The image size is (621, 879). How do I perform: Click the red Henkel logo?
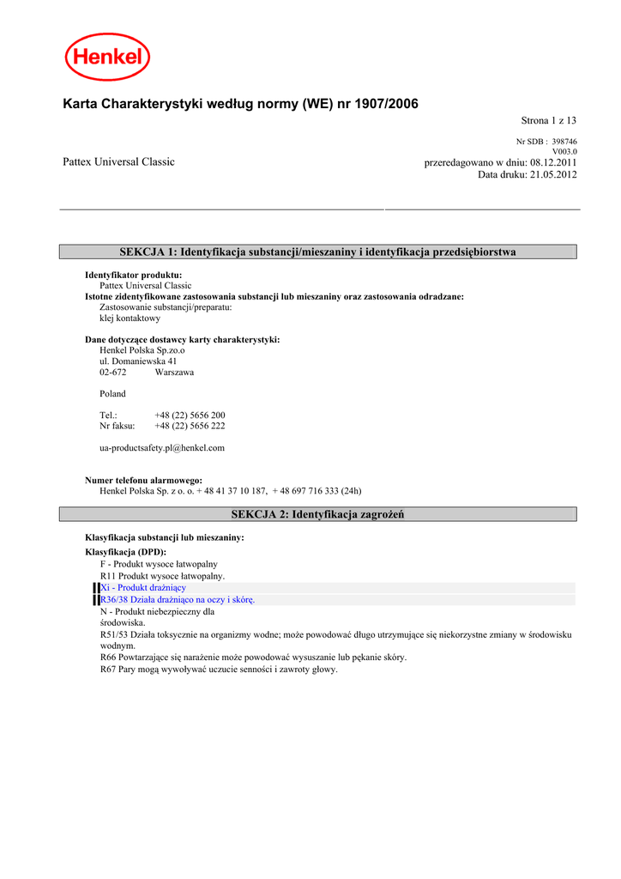pyautogui.click(x=107, y=57)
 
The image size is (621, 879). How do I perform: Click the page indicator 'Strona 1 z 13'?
pyautogui.click(x=549, y=120)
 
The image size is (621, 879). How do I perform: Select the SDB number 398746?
pyautogui.click(x=564, y=142)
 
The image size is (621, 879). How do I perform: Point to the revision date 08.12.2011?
pyautogui.click(x=553, y=162)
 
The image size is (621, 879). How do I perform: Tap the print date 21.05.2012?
pyautogui.click(x=553, y=174)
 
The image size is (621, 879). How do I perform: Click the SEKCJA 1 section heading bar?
pyautogui.click(x=317, y=252)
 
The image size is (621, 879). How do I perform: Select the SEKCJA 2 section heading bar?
pyautogui.click(x=317, y=514)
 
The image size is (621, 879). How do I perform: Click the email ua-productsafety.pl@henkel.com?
pyautogui.click(x=162, y=447)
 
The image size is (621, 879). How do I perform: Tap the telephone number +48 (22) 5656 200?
pyautogui.click(x=190, y=415)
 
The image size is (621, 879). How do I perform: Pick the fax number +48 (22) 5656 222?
pyautogui.click(x=190, y=426)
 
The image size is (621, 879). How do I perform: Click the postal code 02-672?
pyautogui.click(x=113, y=373)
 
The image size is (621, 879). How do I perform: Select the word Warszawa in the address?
pyautogui.click(x=174, y=373)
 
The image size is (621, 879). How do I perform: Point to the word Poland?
pyautogui.click(x=112, y=394)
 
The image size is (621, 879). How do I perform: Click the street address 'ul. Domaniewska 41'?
pyautogui.click(x=139, y=361)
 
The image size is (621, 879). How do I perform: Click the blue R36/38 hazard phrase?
pyautogui.click(x=178, y=599)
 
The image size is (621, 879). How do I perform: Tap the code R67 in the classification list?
pyautogui.click(x=109, y=670)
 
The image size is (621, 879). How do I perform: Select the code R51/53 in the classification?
pyautogui.click(x=114, y=634)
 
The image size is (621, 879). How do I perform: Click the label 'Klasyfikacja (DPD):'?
pyautogui.click(x=125, y=551)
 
